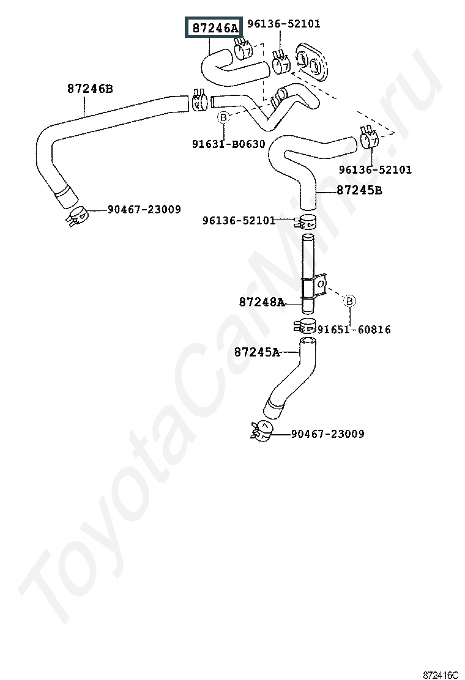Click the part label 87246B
(90, 89)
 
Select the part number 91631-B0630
(229, 144)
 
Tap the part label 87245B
(360, 190)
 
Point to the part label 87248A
(262, 302)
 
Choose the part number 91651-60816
(354, 330)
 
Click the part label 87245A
(257, 352)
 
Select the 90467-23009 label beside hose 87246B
(144, 210)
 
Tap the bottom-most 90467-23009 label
(327, 434)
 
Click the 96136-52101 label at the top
(284, 23)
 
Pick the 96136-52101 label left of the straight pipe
(239, 221)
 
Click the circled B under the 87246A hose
(223, 117)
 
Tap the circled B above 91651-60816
(349, 300)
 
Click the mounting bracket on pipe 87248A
(314, 287)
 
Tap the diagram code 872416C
(441, 674)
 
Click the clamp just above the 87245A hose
(305, 324)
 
